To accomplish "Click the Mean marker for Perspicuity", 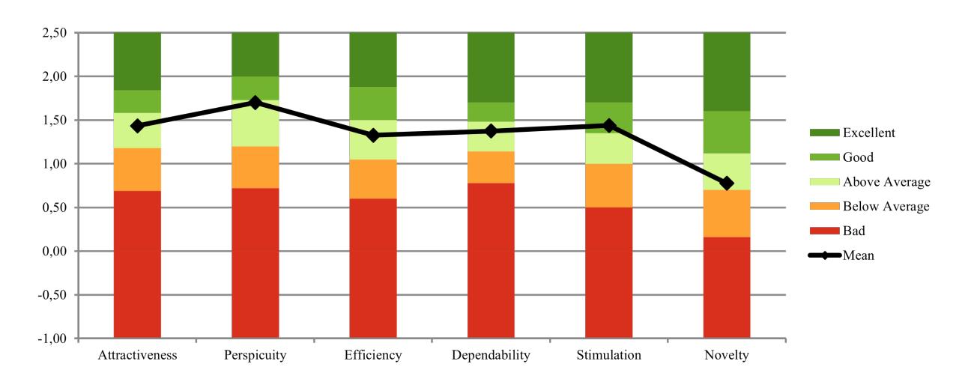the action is click(255, 103).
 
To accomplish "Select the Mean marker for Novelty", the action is click(726, 183).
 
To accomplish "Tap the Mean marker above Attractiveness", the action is click(137, 126).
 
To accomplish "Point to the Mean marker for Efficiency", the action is click(373, 136).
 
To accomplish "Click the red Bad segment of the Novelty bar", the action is click(726, 288).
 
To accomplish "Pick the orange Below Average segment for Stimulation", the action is click(608, 186).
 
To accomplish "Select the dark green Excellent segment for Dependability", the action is click(491, 67).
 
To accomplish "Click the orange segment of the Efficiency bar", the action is click(373, 179).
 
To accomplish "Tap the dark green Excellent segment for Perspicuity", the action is click(255, 54).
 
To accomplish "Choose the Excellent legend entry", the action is click(852, 133).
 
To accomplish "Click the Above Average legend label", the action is click(886, 182).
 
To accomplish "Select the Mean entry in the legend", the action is click(841, 255).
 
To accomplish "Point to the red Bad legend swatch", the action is click(825, 231).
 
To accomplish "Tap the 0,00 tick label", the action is click(54, 251).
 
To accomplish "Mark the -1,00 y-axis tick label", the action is click(52, 339).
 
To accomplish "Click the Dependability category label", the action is click(491, 355).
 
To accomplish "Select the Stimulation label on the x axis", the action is click(608, 355).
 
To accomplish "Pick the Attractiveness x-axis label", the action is click(137, 355).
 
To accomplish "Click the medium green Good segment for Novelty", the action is click(726, 133).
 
